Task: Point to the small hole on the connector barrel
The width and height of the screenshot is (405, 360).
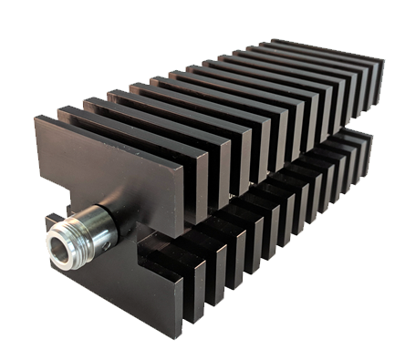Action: point(107,243)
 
